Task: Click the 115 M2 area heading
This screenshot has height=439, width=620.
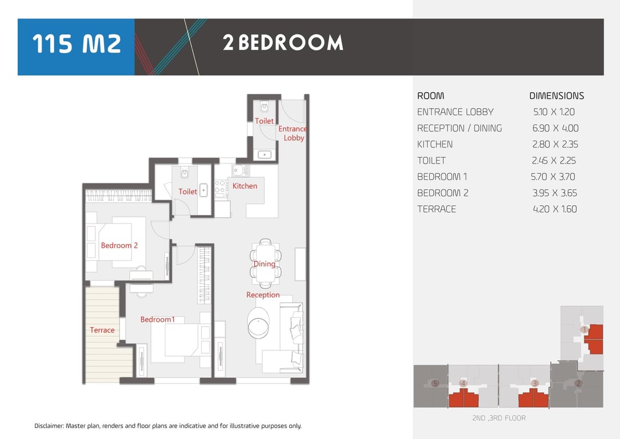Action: tap(77, 43)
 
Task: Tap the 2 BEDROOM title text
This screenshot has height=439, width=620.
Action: tap(283, 43)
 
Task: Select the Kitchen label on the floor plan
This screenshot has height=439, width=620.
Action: tap(245, 186)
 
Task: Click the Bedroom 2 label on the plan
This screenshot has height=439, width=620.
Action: tap(119, 245)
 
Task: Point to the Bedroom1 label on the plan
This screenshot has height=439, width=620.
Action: tap(157, 319)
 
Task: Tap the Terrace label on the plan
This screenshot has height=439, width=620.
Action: tap(102, 330)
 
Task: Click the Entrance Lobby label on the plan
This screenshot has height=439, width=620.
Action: tap(293, 133)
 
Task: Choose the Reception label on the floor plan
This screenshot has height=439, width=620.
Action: tap(263, 294)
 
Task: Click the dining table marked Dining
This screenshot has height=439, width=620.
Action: tap(266, 263)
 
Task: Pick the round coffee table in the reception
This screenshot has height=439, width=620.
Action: tap(258, 323)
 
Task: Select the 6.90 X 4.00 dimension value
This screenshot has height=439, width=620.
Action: tap(555, 128)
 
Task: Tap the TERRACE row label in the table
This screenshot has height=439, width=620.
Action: tap(437, 209)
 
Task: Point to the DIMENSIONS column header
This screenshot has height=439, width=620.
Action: tap(557, 95)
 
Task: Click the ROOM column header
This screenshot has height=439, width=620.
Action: tap(431, 95)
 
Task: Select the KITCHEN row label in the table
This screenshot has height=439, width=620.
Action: tap(435, 145)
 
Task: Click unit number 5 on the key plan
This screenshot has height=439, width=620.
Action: tap(435, 383)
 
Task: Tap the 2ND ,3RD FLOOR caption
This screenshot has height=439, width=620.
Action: tap(499, 418)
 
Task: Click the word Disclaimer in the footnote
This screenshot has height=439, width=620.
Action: tap(49, 426)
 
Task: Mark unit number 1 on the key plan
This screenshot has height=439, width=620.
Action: tap(584, 329)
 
